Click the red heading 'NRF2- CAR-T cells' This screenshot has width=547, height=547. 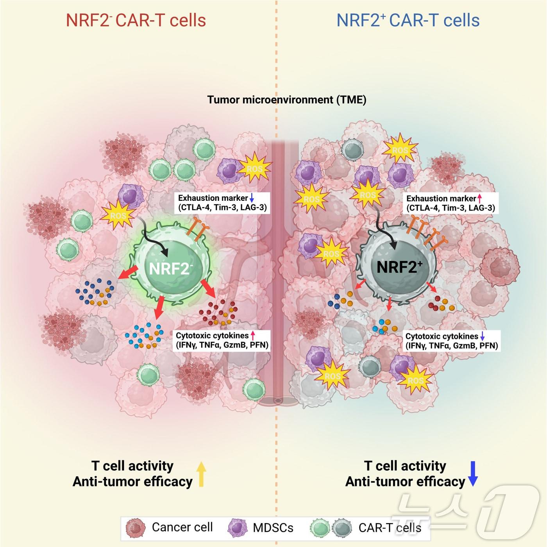pos(136,21)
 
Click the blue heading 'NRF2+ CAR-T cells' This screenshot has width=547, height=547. pos(408,21)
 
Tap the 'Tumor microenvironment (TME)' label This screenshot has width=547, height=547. pos(286,100)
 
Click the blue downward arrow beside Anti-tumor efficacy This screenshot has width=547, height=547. pos(473,473)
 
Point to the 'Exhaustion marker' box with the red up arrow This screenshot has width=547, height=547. pos(450,203)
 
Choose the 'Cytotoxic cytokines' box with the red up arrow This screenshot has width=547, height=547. pos(222,340)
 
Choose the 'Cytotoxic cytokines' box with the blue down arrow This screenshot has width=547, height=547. pos(451,341)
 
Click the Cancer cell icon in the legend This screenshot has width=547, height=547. pos(136,528)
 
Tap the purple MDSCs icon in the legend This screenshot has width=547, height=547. pos(238,528)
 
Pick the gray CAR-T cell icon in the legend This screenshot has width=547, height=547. pos(342,528)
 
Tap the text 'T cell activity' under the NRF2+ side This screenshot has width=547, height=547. pos(405,466)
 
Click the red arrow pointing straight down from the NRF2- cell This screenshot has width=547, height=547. pos(158,309)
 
